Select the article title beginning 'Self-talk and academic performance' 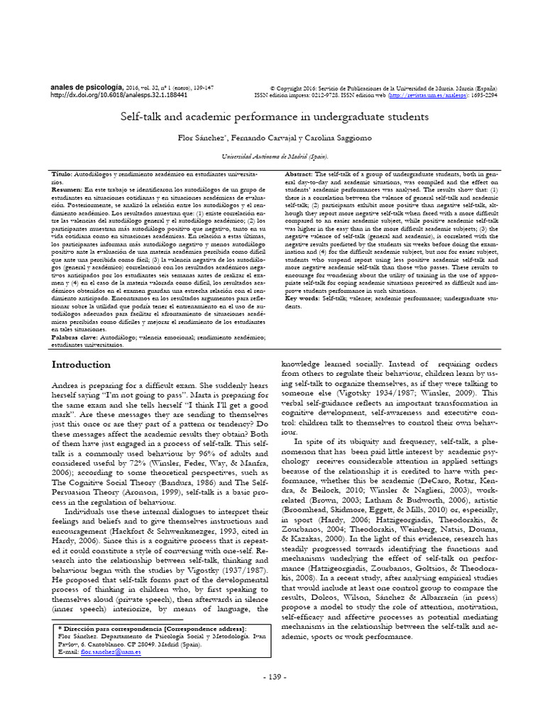273,114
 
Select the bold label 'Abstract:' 298,174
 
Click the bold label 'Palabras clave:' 76,339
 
